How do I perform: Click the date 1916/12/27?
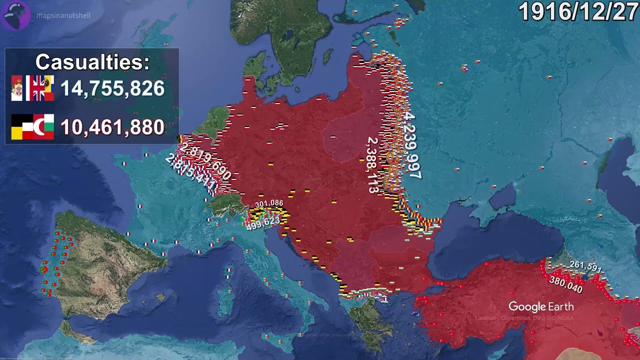578,12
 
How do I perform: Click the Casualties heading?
92,62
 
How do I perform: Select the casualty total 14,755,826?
112,88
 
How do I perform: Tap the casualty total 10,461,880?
112,127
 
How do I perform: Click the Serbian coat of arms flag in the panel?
17,88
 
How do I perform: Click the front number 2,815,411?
191,174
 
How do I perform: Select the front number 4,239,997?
410,145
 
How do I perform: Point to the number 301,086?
269,203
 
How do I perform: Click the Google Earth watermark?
541,306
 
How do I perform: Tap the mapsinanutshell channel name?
63,15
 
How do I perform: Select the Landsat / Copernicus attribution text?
524,318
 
